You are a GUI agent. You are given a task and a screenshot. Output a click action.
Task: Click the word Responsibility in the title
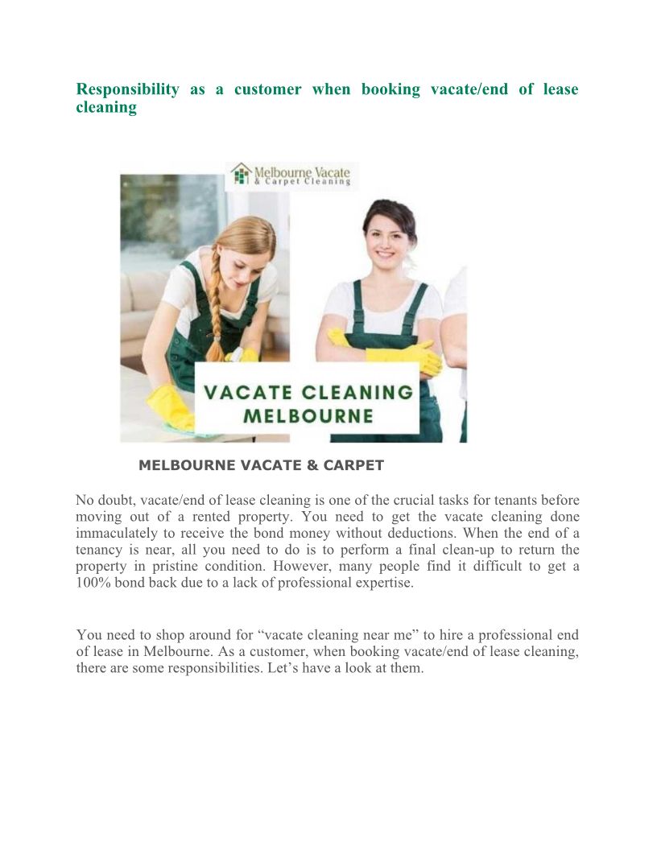[127, 89]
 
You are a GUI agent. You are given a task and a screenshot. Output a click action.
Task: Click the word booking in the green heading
[390, 89]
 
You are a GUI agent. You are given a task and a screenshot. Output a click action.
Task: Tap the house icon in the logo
[240, 174]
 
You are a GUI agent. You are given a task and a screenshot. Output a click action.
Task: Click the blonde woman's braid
[216, 306]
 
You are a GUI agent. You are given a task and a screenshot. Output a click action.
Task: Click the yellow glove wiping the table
[169, 406]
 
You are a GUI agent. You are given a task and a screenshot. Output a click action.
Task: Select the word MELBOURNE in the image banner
[308, 416]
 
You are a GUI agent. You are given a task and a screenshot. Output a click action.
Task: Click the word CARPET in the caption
[355, 465]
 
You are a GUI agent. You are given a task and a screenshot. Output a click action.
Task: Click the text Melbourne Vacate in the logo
[302, 171]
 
